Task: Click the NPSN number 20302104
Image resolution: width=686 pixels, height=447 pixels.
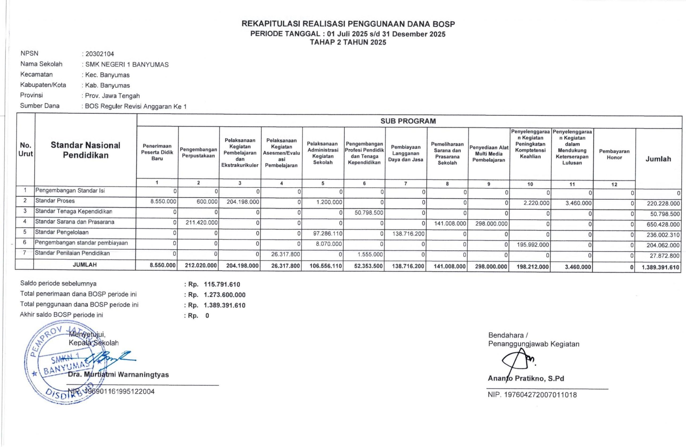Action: [x=100, y=54]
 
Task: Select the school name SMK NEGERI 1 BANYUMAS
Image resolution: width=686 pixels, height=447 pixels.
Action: [x=127, y=65]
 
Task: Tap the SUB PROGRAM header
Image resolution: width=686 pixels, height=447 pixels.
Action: [x=408, y=121]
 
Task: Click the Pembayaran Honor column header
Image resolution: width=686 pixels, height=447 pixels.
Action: [x=614, y=154]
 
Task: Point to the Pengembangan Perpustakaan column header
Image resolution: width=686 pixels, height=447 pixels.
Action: [x=198, y=153]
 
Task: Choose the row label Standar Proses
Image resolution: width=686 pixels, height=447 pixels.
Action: [x=55, y=201]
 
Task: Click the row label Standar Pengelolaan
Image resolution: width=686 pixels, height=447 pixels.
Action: [x=62, y=232]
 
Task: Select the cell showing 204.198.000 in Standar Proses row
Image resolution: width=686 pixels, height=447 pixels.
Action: [x=243, y=202]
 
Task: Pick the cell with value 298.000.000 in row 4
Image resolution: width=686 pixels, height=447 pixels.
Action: [x=491, y=224]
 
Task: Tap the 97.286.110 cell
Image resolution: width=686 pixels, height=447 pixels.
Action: [x=327, y=234]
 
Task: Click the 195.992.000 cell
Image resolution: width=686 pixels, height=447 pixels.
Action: [x=533, y=245]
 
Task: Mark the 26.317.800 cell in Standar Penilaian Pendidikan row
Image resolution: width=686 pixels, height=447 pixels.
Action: [x=285, y=255]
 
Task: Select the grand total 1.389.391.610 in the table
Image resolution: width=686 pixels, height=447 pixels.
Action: [x=660, y=267]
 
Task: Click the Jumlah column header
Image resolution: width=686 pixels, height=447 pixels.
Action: [x=658, y=159]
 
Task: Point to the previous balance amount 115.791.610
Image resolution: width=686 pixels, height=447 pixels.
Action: [x=222, y=284]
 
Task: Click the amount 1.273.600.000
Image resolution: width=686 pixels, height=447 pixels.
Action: [x=225, y=295]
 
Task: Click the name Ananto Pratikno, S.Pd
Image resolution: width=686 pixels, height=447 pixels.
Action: [x=526, y=378]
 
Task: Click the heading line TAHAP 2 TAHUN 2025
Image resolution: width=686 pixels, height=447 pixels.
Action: [x=348, y=42]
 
